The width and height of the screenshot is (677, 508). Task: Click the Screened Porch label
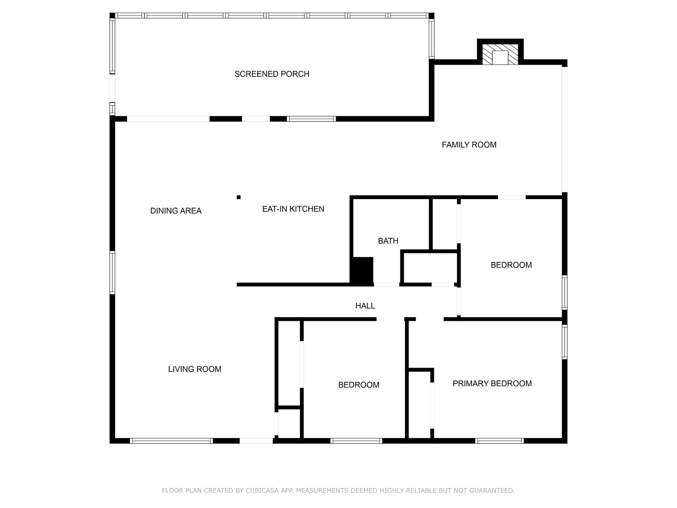coord(272,74)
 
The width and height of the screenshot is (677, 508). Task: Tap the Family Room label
coord(469,145)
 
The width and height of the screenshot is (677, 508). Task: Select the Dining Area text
coord(176,211)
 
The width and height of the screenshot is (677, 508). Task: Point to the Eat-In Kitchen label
coord(293,209)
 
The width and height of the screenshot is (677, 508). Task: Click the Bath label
coord(388,241)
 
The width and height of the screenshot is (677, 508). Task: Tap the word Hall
coord(365,306)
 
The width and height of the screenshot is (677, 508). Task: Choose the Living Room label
coord(194,369)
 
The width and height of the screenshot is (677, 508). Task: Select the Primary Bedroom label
coord(492,384)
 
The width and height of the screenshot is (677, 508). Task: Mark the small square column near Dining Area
coord(239,197)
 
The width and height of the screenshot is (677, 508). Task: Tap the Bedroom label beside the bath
coord(511,265)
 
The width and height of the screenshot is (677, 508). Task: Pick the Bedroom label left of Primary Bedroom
coord(358,385)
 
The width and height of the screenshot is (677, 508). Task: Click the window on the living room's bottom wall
coord(171,441)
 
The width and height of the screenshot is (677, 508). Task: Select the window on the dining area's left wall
coord(112,273)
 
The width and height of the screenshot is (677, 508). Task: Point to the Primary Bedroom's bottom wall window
coord(499,441)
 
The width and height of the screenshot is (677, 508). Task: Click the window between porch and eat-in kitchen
coord(311,119)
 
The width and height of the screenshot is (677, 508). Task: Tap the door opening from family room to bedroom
coord(511,197)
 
